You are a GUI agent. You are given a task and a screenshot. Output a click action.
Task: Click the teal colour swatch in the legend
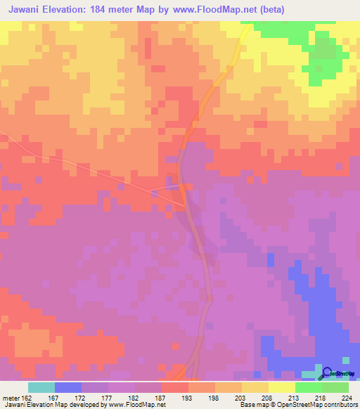41,387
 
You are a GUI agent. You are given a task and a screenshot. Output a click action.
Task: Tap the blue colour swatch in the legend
68,387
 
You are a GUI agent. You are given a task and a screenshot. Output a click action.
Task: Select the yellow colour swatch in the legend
282,387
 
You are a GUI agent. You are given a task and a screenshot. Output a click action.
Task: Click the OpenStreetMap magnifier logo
326,373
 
